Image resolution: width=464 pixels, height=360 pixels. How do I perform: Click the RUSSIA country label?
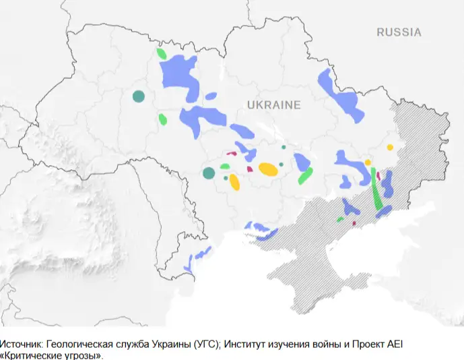click(399, 32)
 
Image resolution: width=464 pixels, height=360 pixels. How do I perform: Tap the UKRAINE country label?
click(273, 105)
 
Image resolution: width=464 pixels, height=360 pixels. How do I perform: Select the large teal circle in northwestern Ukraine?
click(139, 96)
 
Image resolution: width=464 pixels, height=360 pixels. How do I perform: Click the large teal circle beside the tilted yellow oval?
click(209, 173)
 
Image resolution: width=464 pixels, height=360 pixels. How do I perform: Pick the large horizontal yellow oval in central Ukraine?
click(267, 169)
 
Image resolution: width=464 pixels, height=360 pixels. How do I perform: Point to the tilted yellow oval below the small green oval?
click(234, 181)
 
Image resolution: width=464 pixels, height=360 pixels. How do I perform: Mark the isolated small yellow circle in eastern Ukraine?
click(390, 147)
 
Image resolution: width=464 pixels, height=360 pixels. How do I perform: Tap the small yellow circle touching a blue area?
click(368, 162)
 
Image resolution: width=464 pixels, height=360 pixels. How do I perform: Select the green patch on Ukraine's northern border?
click(161, 53)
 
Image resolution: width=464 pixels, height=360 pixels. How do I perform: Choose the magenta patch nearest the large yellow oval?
click(251, 169)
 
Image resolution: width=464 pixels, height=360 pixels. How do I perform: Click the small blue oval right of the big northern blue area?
click(211, 96)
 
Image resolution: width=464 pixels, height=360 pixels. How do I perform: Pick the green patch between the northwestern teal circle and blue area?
click(162, 120)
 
